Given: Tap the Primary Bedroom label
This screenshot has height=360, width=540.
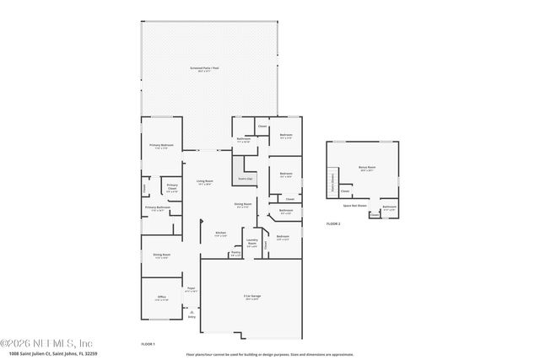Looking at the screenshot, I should pyautogui.click(x=162, y=146).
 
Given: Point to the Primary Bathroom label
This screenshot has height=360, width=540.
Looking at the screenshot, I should pyautogui.click(x=158, y=207).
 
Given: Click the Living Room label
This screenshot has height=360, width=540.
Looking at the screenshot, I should pyautogui.click(x=204, y=181).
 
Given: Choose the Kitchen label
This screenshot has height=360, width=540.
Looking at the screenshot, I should pyautogui.click(x=220, y=233).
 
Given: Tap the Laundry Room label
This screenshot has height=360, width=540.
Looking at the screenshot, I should pyautogui.click(x=252, y=243).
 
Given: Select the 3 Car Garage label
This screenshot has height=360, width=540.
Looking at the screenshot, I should pyautogui.click(x=251, y=297).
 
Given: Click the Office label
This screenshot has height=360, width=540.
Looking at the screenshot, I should pyautogui.click(x=161, y=297).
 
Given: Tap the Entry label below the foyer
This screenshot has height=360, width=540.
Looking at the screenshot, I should pyautogui.click(x=192, y=317).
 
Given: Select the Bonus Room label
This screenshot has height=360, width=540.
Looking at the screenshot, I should pyautogui.click(x=365, y=168).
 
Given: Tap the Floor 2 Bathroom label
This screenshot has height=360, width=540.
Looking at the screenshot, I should pyautogui.click(x=389, y=207).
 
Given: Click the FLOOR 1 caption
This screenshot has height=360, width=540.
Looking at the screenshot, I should pyautogui.click(x=148, y=345).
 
